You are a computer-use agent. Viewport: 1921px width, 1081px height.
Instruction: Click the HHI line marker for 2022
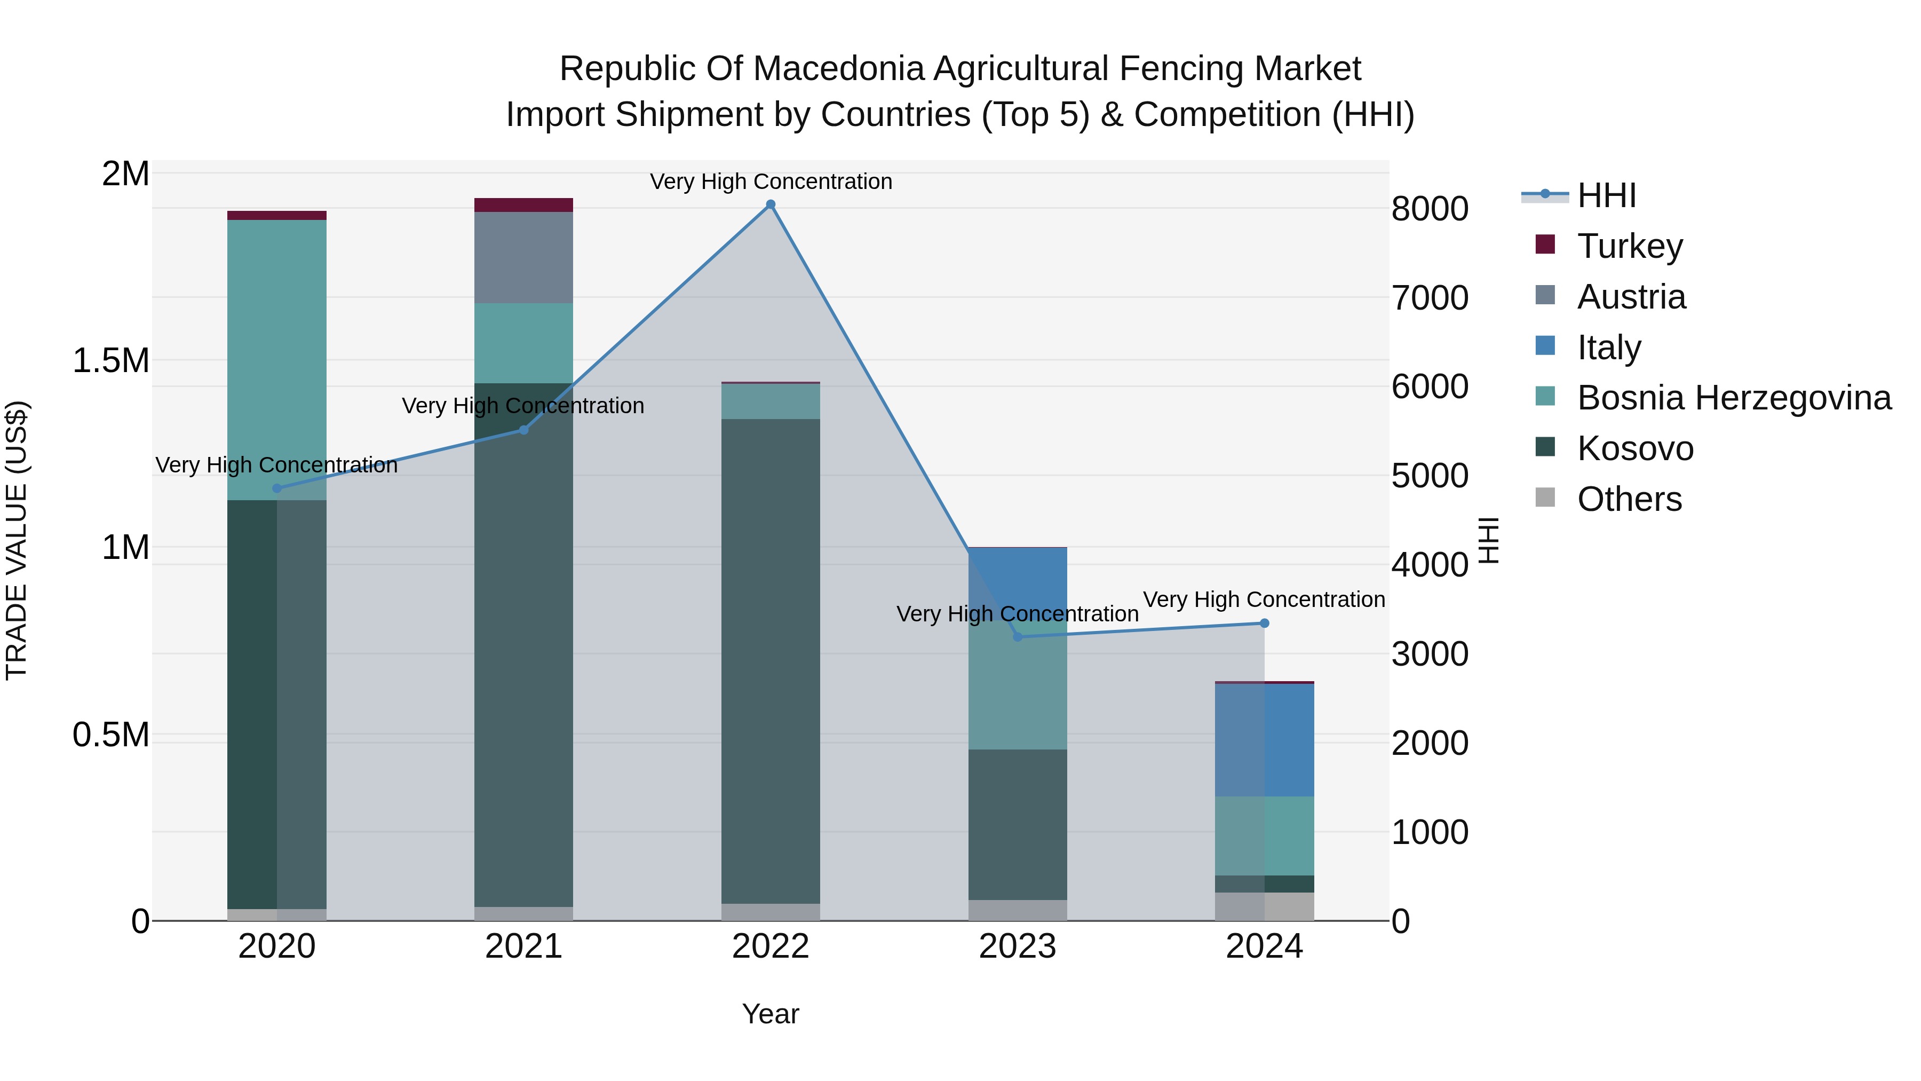771,204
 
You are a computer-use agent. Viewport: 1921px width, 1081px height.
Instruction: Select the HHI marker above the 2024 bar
1264,623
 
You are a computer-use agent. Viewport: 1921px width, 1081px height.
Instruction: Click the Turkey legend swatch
1545,244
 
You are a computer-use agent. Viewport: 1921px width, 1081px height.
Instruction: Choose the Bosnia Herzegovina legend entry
1734,398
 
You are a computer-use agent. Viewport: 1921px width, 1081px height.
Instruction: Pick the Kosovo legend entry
1634,448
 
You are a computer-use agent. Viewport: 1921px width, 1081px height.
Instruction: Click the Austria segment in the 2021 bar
523,257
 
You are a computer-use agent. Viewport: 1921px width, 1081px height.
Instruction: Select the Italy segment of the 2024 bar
1264,740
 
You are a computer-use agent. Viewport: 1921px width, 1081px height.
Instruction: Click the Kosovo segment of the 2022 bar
771,660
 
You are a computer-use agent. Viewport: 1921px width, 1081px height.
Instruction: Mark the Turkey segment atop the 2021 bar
523,205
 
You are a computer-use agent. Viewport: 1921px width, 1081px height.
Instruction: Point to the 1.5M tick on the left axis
110,361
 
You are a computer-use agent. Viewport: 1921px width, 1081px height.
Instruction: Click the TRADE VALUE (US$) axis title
17,540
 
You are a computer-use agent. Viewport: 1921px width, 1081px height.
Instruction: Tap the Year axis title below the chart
771,1014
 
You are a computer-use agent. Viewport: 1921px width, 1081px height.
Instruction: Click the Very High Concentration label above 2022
771,182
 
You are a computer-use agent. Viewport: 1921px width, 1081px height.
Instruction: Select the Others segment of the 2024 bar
1264,906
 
